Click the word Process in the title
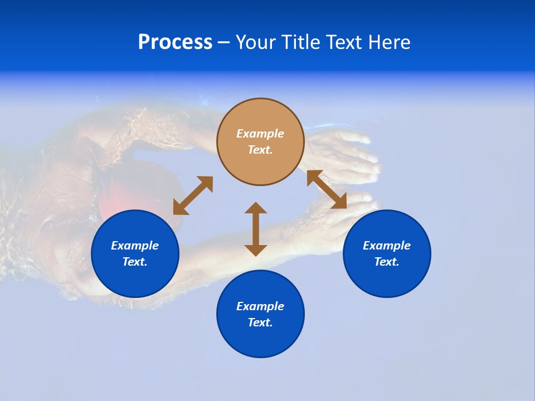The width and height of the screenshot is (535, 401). click(175, 42)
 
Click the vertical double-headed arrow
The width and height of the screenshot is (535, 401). click(256, 229)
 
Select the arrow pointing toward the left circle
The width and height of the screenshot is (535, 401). click(193, 195)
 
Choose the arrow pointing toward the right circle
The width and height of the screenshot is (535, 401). click(327, 190)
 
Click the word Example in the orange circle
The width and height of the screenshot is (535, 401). click(260, 134)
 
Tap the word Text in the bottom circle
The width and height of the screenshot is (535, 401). click(260, 322)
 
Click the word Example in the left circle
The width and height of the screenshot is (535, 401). click(135, 246)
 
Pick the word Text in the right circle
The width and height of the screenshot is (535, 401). click(386, 262)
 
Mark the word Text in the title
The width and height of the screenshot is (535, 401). click(348, 42)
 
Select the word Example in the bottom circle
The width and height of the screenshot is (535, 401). click(260, 306)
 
